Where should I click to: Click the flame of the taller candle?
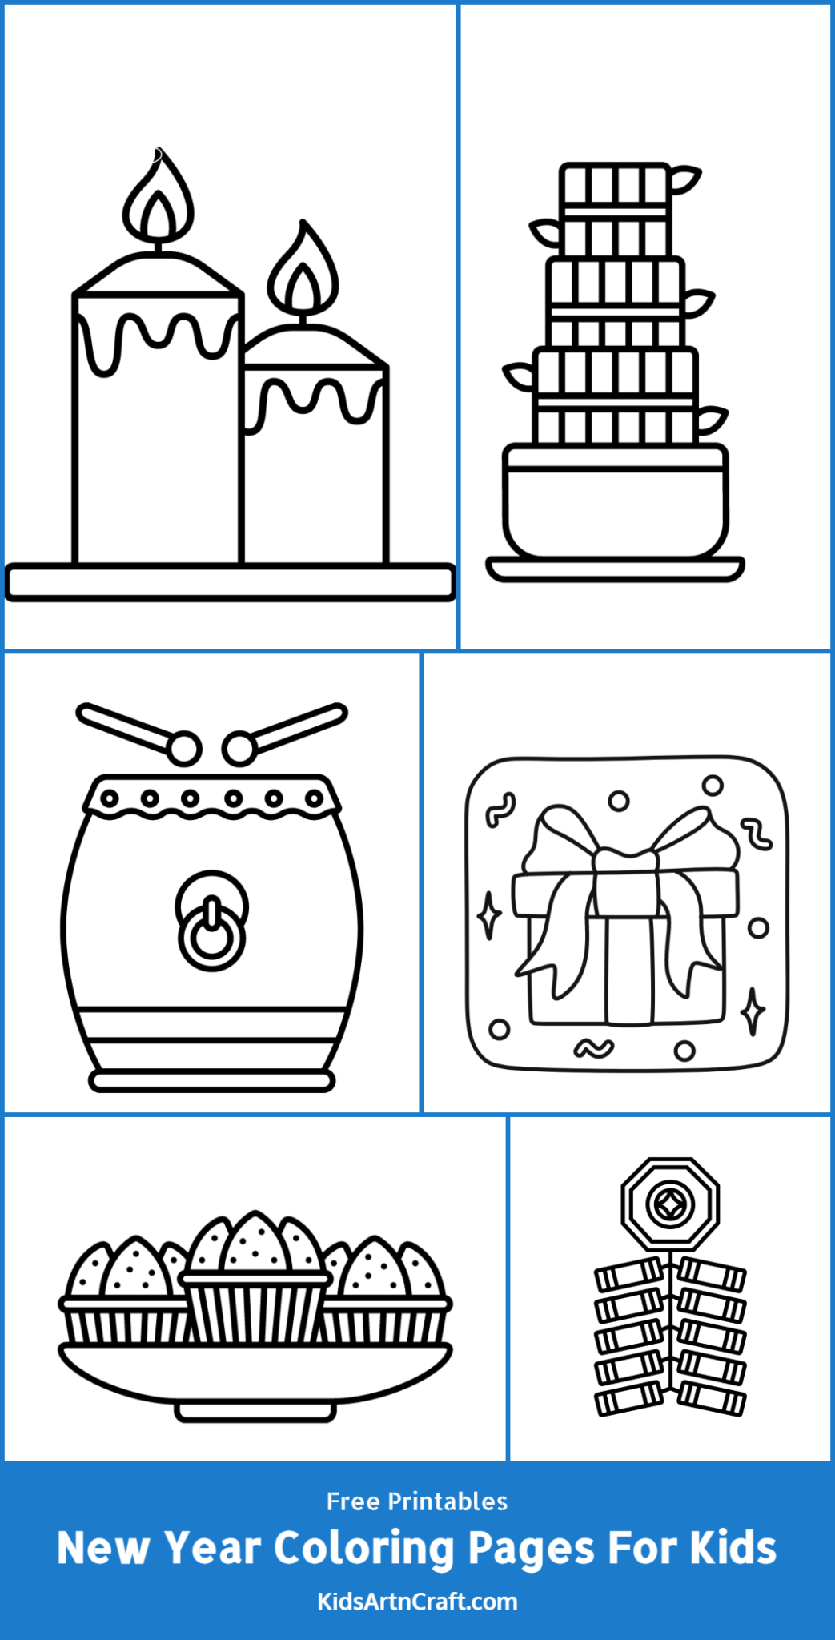[x=159, y=203]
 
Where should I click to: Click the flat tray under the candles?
[x=230, y=582]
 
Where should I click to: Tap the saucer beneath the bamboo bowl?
[x=615, y=569]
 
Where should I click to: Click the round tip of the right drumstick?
[x=239, y=749]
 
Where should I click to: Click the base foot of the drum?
[x=211, y=1081]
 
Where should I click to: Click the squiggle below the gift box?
[x=593, y=1047]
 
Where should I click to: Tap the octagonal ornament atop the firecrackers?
[x=670, y=1204]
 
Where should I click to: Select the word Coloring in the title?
[x=365, y=1548]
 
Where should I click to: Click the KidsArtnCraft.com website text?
[x=417, y=1601]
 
